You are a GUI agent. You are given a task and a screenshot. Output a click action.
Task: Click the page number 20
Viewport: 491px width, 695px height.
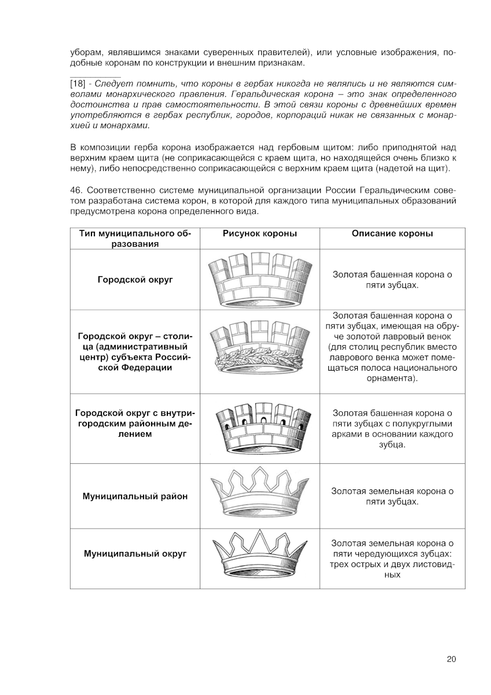click(452, 659)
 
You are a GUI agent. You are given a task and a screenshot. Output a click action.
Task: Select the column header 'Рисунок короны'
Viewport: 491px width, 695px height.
click(260, 233)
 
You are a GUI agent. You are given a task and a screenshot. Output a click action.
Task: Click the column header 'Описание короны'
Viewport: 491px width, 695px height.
click(392, 233)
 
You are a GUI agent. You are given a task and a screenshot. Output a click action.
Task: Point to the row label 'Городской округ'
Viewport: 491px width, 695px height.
click(135, 280)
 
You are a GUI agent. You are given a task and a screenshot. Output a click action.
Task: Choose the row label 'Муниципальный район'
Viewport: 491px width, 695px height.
click(135, 496)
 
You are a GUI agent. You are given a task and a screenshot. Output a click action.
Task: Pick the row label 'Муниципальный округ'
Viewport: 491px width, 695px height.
click(135, 554)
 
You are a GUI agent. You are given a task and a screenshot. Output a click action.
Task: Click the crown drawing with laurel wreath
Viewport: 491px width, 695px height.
click(260, 350)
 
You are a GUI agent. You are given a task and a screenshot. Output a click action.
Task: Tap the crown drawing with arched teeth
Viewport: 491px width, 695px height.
click(260, 428)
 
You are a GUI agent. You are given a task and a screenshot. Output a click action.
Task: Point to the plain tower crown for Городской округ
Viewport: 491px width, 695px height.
click(260, 280)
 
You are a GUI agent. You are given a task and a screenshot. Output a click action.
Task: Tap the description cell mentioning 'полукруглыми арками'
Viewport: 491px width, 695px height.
click(392, 429)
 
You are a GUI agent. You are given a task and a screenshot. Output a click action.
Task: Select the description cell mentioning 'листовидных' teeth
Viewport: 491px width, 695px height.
click(392, 559)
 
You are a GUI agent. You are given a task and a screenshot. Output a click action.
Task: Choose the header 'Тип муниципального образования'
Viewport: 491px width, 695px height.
click(135, 239)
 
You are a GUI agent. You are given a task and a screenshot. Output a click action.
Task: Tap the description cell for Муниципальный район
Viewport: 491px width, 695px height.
click(392, 496)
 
